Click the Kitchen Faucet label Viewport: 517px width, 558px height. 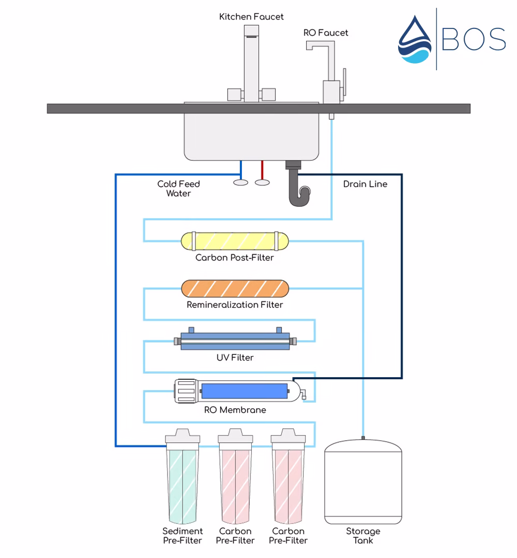point(251,17)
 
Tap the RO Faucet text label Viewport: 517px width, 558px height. point(326,33)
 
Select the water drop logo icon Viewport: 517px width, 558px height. point(415,40)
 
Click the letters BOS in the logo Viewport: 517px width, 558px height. point(474,39)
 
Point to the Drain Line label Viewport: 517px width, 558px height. point(365,184)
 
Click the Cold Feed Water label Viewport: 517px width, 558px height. point(178,189)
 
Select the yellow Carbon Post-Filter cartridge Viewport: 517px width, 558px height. point(235,241)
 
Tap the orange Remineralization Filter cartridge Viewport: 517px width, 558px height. point(235,288)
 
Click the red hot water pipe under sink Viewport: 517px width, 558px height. point(263,169)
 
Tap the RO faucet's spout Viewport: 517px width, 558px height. point(315,46)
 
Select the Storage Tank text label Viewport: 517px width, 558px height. point(362,536)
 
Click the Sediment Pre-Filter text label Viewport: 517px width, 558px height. point(183,536)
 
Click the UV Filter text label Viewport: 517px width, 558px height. point(235,358)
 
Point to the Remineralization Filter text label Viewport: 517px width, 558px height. point(235,305)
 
